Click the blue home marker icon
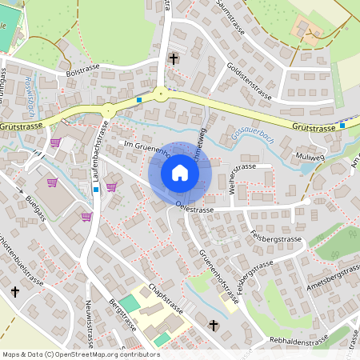point(180,174)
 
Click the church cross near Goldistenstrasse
point(173,59)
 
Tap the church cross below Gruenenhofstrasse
point(214,325)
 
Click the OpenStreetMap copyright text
point(81,354)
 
